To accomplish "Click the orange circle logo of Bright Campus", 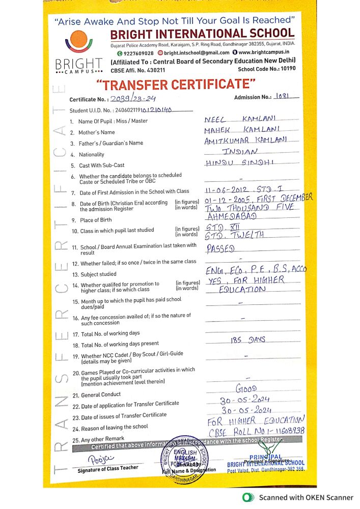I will tap(78, 40).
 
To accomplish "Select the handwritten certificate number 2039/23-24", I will tap(128, 99).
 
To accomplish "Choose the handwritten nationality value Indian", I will tap(240, 152).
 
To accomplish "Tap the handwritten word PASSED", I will tap(220, 249).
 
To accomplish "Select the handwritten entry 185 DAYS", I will tap(248, 340).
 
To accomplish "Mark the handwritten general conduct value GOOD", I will tap(247, 389).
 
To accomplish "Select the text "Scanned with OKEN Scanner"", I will tap(306, 497).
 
